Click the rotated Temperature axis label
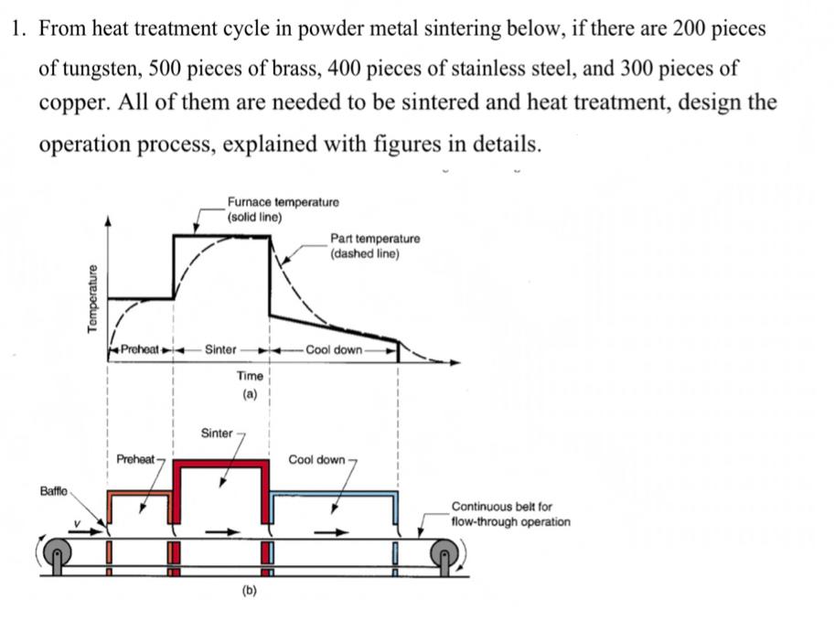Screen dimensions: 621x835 91,300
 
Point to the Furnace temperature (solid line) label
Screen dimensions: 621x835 284,209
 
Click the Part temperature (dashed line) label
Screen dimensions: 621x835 375,245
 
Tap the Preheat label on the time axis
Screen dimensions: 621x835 140,349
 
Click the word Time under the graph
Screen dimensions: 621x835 250,376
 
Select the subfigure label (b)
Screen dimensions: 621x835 250,592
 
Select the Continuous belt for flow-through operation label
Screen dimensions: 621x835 510,514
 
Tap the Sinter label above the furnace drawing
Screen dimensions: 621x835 217,433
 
